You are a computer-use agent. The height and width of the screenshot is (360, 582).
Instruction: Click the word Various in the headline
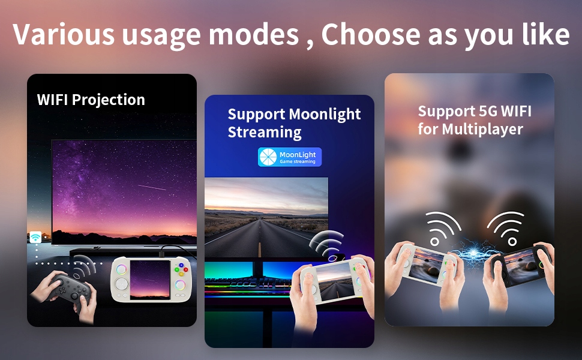coord(64,35)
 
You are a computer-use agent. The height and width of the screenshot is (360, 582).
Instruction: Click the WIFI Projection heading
coord(91,100)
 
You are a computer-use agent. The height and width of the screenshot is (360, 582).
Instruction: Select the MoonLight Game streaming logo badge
coord(290,157)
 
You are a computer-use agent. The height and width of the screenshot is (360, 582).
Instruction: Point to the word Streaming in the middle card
coord(264,133)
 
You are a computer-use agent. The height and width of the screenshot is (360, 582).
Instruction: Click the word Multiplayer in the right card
coord(482,130)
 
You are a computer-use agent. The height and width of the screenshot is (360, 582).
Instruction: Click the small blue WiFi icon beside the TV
coord(35,237)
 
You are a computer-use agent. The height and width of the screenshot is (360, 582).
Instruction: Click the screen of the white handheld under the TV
coord(151,280)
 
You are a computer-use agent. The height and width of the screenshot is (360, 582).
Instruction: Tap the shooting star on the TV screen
coord(152,187)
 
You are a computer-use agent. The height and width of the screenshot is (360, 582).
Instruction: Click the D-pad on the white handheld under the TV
coord(121,284)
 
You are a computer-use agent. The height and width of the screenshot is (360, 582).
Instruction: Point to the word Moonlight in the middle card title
coord(325,115)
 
